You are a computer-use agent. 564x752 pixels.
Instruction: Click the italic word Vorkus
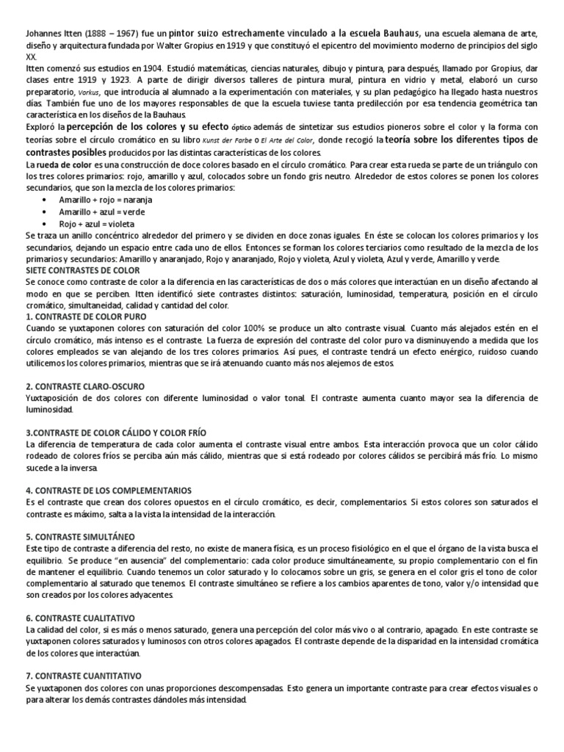click(90, 93)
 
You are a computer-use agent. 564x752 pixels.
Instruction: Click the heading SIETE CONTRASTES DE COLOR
click(82, 270)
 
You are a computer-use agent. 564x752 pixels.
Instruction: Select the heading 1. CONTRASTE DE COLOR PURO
click(87, 317)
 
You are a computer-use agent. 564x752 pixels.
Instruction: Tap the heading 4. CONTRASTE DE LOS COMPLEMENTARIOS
click(108, 490)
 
